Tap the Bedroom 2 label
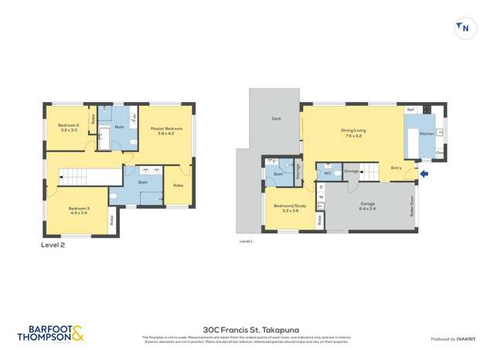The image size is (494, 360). coord(69,127)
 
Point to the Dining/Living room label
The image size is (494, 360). coord(353,132)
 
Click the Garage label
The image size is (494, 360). coord(367,205)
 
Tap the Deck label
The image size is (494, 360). coord(275,118)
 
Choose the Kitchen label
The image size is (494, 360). coord(426,134)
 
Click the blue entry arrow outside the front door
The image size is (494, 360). coord(423,174)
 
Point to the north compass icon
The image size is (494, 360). coord(463,28)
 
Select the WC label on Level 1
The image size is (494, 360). coord(328,173)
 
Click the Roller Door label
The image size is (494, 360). coord(411,205)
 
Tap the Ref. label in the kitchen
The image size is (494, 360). coord(411,110)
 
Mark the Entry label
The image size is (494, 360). coord(396,168)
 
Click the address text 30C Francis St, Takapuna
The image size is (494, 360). coord(247,328)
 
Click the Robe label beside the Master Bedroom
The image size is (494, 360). coord(178,185)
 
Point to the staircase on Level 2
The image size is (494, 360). coord(77,177)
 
